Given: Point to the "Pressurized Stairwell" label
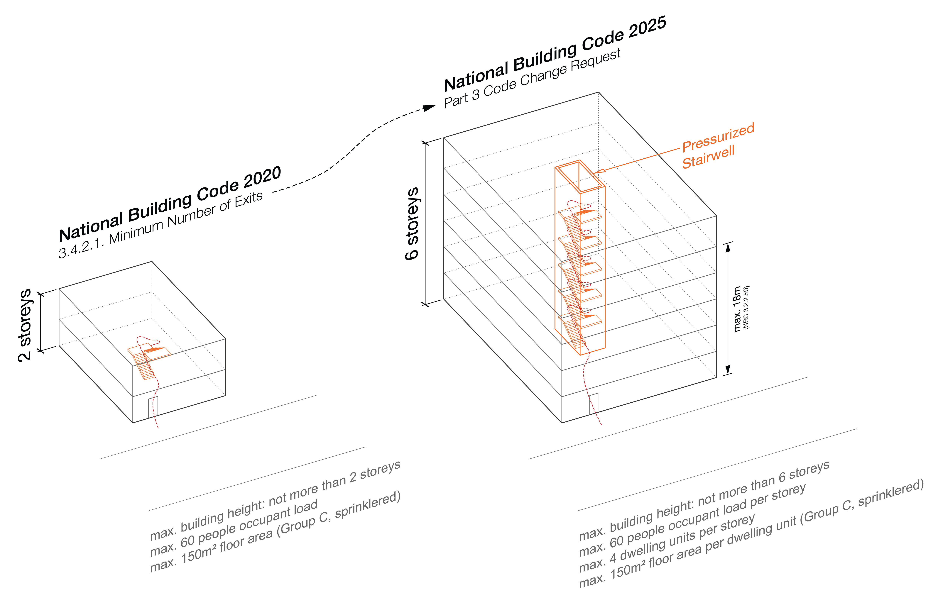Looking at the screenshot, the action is (x=717, y=146).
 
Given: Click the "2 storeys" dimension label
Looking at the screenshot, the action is (x=25, y=325).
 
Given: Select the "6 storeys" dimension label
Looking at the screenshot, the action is (x=412, y=224).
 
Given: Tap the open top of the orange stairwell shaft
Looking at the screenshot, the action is (x=580, y=176).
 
